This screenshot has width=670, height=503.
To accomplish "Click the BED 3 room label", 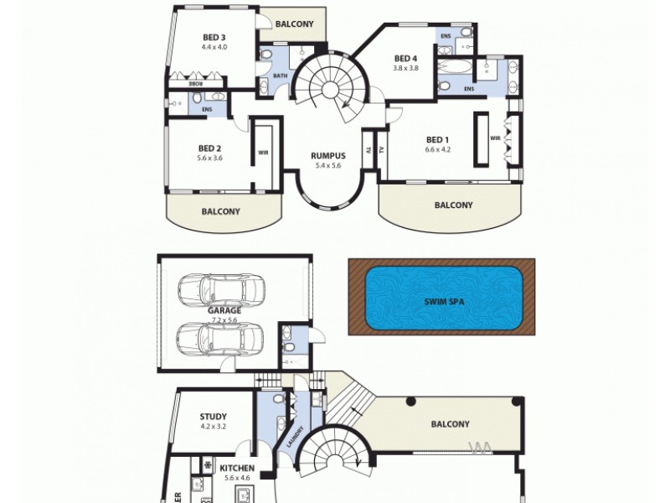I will pos(214,37).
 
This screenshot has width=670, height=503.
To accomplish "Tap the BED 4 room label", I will pos(406,58).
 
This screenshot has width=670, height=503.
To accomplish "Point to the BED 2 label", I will pos(209,148).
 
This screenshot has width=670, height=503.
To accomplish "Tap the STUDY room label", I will pos(214,416).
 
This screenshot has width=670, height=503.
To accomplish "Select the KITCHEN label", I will pos(238,468).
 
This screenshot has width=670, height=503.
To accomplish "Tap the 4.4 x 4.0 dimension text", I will pos(214,47).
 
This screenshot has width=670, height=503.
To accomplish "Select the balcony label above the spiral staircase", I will pos(294,24).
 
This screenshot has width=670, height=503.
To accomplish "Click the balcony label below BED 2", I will pos(220,212).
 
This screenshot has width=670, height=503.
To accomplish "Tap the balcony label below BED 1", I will pos(453,205).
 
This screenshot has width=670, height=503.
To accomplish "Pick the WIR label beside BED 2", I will pos(263,153).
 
